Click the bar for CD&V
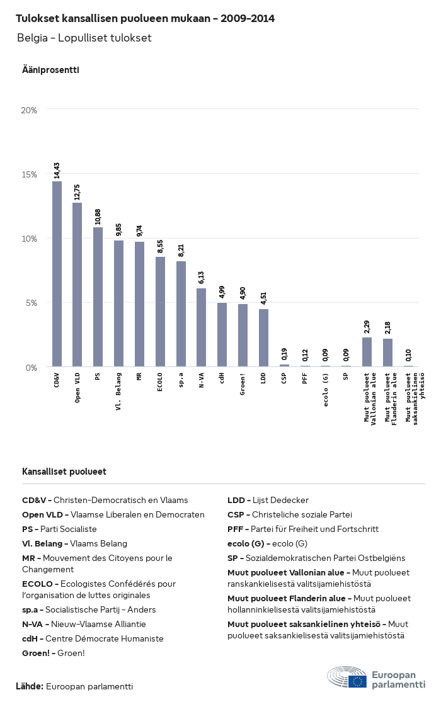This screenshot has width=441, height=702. pos(57,274)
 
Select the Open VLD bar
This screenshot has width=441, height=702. pos(77,285)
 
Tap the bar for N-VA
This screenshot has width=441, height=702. pos(202,327)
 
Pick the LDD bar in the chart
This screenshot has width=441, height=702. pos(263,337)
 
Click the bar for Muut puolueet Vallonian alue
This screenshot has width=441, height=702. pos(367,352)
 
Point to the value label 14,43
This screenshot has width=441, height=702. pos(57,171)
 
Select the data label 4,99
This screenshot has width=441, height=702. pos(222,292)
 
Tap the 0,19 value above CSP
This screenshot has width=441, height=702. pos(284,354)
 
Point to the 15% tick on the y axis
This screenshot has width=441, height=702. pos(29,174)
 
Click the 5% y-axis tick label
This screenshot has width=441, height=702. pos(31,303)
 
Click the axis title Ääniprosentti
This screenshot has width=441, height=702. pos(50,70)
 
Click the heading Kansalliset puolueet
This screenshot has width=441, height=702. pos(64,472)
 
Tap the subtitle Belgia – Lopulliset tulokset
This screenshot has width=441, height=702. pos(84,38)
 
